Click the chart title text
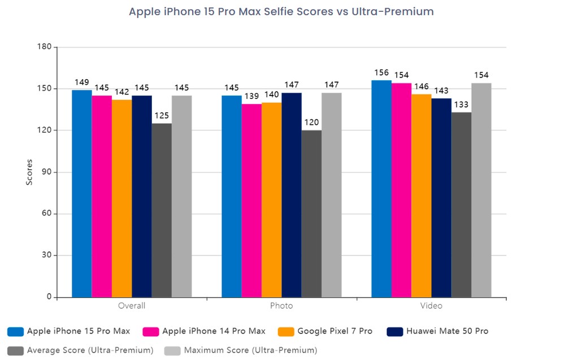click(x=281, y=11)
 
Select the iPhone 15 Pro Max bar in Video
click(x=381, y=189)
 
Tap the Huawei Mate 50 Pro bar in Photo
click(x=292, y=195)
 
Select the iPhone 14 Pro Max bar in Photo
click(x=251, y=201)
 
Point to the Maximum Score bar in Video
click(x=481, y=190)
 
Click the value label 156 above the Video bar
click(x=381, y=72)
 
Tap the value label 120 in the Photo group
click(x=311, y=122)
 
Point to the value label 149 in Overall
click(x=82, y=82)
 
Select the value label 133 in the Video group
click(x=461, y=104)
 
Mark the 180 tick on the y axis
click(x=45, y=47)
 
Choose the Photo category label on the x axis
click(x=281, y=306)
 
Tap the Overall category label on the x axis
click(x=132, y=306)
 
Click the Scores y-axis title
click(x=30, y=172)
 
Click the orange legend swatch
click(x=286, y=331)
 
